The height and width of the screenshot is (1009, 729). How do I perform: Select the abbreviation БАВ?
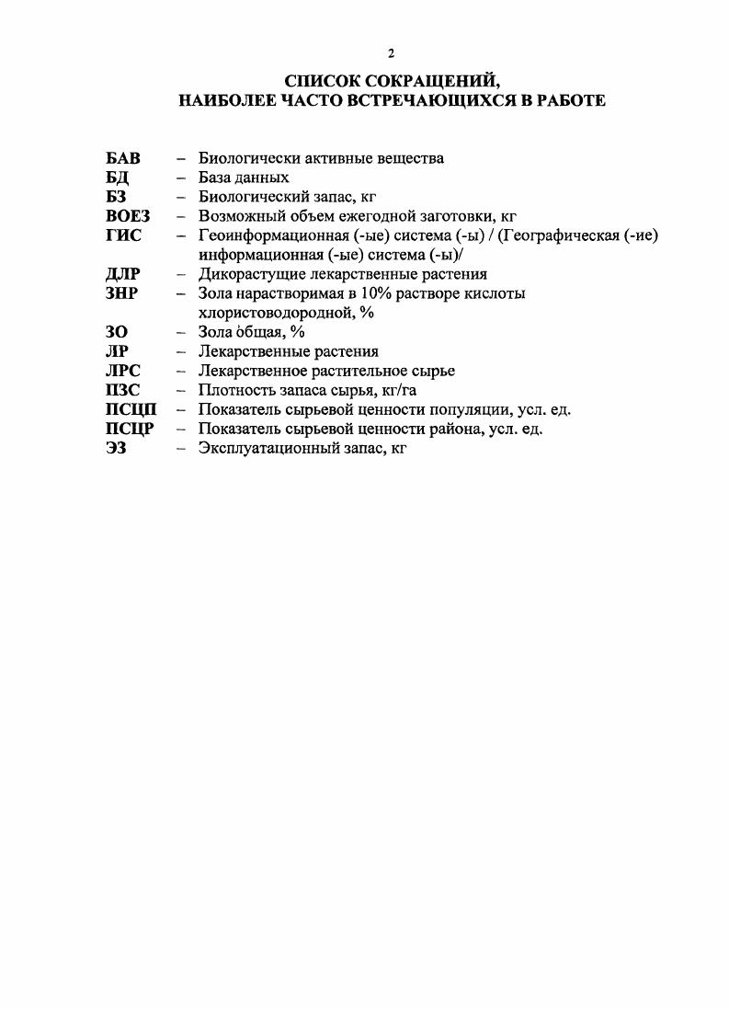(x=123, y=158)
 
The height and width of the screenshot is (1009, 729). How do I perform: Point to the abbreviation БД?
(x=118, y=178)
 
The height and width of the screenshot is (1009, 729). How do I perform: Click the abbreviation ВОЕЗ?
(x=128, y=216)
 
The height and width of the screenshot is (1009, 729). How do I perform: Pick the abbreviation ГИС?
(x=123, y=235)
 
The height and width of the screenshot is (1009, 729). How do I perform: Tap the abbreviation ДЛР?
(x=122, y=274)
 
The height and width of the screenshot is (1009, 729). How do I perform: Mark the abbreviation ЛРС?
(x=124, y=371)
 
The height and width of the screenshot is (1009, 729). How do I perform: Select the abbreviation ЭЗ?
(x=116, y=448)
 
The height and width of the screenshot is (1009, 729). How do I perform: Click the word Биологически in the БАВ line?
(x=244, y=158)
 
